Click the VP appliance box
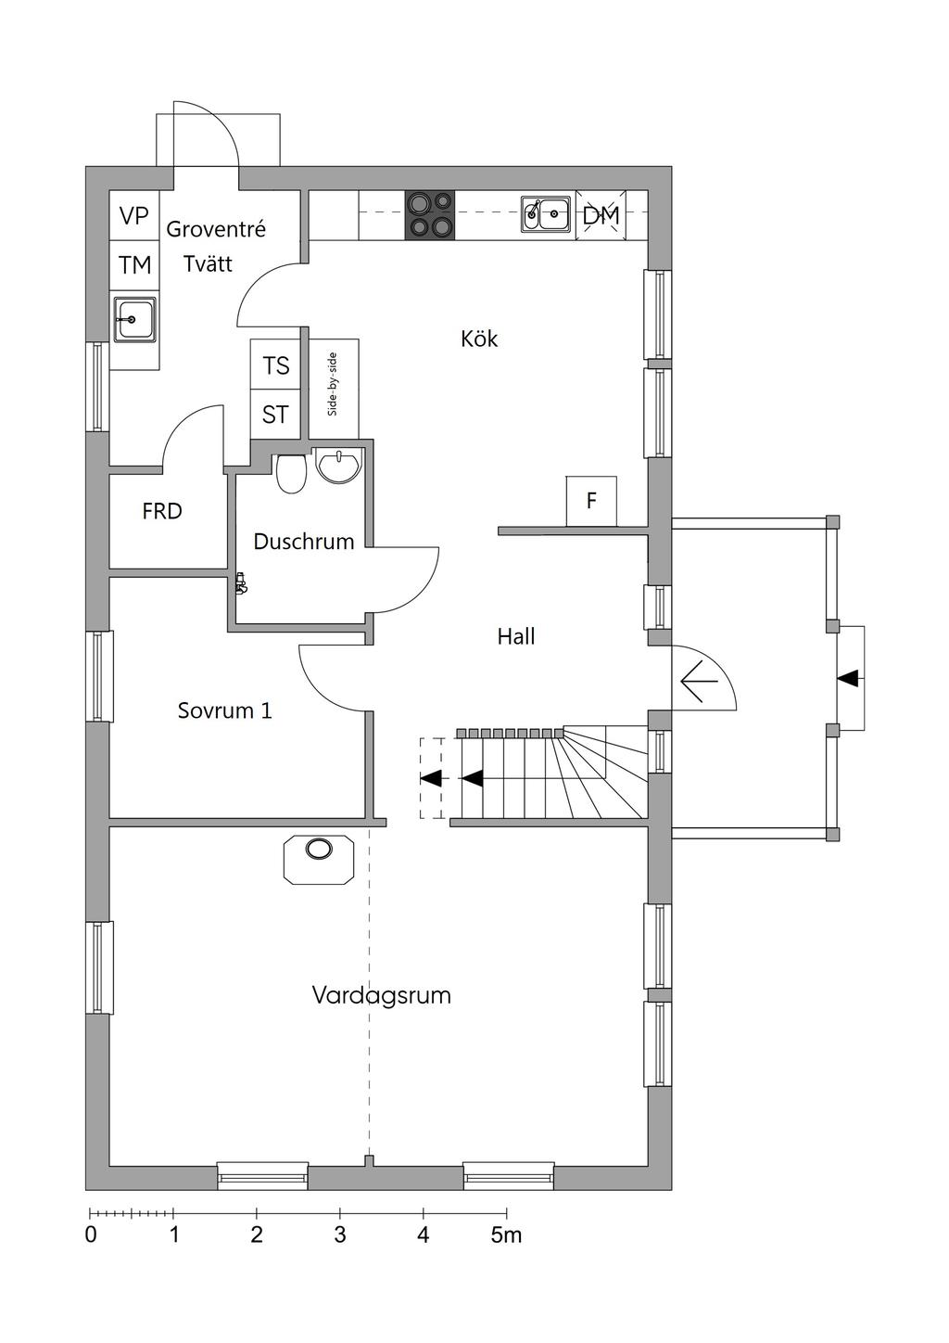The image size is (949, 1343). pos(134,216)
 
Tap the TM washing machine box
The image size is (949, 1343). pos(134,265)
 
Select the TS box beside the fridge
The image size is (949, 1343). pos(275,365)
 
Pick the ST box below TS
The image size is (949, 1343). pos(275,415)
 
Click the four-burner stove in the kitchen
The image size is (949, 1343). pos(430,215)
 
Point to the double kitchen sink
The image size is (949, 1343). pos(545,213)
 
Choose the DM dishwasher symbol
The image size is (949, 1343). pos(601,215)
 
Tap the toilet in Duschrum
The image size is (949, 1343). pos(291,473)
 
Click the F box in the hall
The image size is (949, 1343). pos(591,502)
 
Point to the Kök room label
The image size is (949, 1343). pos(479,339)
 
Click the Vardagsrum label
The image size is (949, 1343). pos(381,996)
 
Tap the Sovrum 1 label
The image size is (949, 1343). pos(224,711)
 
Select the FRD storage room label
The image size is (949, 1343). pos(162,511)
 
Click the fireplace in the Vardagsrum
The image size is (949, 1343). pos(319,858)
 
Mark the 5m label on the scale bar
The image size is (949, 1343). pos(506,1235)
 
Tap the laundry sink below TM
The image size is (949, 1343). pos(133,320)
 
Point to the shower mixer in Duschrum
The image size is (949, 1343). pos(241,583)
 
